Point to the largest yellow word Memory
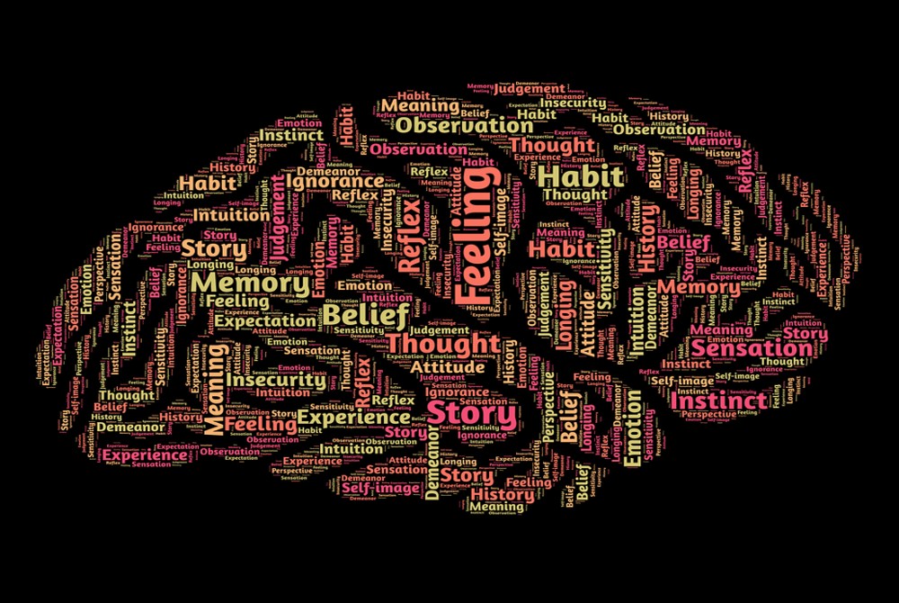pos(237,283)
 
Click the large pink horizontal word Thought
pos(442,343)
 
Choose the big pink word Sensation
pos(752,348)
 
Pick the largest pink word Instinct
pos(719,400)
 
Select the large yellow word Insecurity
pos(275,379)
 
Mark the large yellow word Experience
pos(352,418)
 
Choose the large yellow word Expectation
pos(264,320)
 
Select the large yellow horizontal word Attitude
pos(447,366)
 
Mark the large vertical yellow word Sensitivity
pos(606,265)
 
